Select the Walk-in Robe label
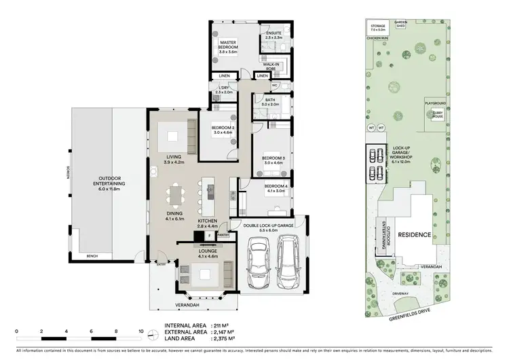(x=272, y=67)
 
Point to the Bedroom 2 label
(x=223, y=128)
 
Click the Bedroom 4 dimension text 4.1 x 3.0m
(x=276, y=191)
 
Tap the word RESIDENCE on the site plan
(x=414, y=235)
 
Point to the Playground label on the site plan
(x=436, y=103)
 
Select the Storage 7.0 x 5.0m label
(x=378, y=29)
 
